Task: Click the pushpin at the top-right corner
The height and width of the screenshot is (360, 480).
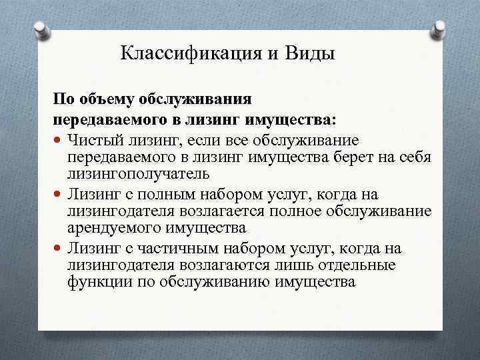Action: point(439,29)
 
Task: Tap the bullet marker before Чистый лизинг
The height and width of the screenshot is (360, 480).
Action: point(59,141)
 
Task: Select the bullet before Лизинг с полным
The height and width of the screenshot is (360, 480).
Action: point(59,195)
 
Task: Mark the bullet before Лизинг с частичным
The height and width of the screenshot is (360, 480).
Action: point(59,249)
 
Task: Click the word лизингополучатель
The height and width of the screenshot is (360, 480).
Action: point(138,174)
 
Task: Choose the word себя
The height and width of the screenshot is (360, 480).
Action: point(415,157)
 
